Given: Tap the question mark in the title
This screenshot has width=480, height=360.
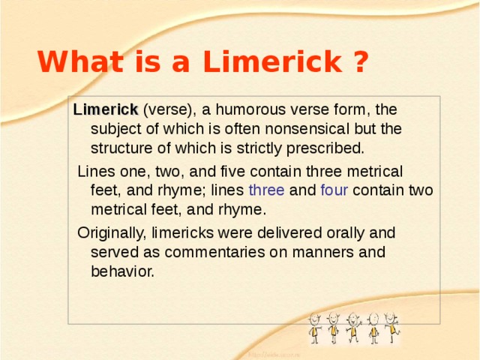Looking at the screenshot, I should pos(358,62).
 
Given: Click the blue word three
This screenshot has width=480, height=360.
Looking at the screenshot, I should pos(266,190).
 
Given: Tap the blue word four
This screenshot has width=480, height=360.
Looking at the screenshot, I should pos(334,190).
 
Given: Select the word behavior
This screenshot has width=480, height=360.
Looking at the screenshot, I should pos(122,271).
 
